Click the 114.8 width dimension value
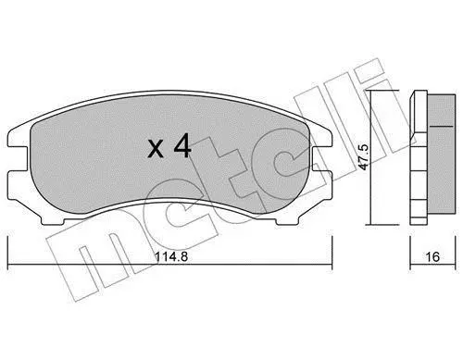tap(171, 256)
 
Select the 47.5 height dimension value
tap(365, 157)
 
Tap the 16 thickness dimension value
tap(432, 256)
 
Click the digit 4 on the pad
tap(182, 147)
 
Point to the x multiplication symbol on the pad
tap(156, 150)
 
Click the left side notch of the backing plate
tap(18, 158)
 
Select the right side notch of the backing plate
tap(321, 158)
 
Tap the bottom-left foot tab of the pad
tap(53, 220)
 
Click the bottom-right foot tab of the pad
tap(288, 220)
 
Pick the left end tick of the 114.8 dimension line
tap(7, 265)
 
